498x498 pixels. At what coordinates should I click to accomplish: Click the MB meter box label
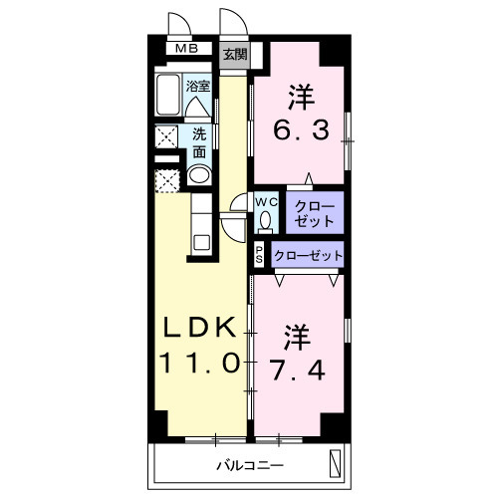point(186,48)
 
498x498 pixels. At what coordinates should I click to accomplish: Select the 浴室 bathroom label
point(198,86)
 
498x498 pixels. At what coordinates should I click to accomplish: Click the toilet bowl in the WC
point(266,220)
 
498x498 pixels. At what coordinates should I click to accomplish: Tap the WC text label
point(266,200)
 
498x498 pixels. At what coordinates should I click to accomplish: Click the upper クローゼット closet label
point(314,212)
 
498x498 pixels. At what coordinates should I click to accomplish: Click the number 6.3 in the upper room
point(301,130)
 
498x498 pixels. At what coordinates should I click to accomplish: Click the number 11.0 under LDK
point(199,364)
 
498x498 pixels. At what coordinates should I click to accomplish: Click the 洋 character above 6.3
point(301,97)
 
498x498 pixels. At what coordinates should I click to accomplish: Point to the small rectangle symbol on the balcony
point(336,463)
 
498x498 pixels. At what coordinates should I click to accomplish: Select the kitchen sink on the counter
point(198,242)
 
